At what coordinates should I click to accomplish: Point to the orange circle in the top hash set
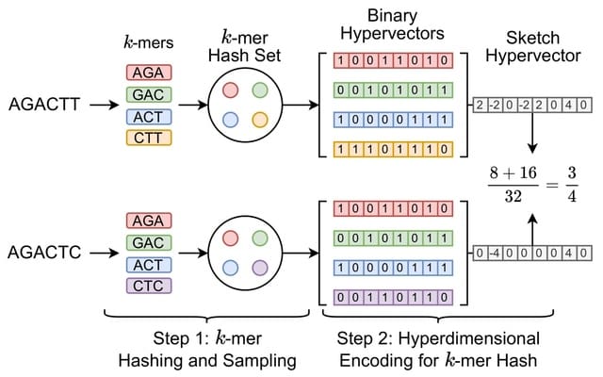[x=260, y=121]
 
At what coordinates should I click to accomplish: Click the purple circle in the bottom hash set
[x=260, y=268]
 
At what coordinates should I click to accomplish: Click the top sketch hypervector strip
[x=533, y=105]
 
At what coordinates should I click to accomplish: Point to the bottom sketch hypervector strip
[x=533, y=253]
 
